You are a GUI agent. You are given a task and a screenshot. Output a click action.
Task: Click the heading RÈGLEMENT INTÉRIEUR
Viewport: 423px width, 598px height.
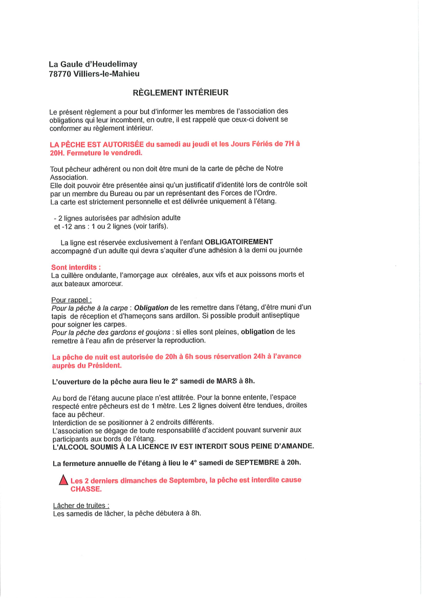(x=180, y=93)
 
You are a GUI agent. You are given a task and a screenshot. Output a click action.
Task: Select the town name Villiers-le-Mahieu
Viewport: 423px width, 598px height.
(x=107, y=74)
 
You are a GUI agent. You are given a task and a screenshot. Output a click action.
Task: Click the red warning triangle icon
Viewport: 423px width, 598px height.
(x=63, y=481)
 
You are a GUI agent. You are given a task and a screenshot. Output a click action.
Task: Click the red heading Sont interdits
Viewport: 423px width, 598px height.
(x=76, y=267)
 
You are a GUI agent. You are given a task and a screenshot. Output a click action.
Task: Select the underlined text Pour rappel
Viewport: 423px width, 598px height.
(x=71, y=300)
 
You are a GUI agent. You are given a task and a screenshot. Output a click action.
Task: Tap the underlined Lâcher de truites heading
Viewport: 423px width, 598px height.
(x=81, y=505)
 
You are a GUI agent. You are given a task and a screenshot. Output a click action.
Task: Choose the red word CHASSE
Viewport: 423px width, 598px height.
(x=86, y=489)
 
